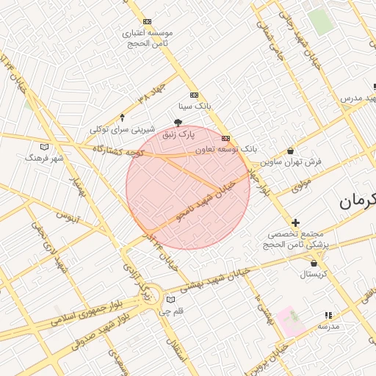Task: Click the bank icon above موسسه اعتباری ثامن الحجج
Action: (148, 22)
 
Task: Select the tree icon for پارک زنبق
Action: (178, 123)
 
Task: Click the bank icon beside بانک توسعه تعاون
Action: (225, 137)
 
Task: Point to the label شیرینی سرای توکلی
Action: (120, 129)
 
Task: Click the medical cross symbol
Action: (296, 223)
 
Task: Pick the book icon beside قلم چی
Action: (171, 300)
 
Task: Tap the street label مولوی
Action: (301, 185)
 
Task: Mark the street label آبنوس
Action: (68, 217)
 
